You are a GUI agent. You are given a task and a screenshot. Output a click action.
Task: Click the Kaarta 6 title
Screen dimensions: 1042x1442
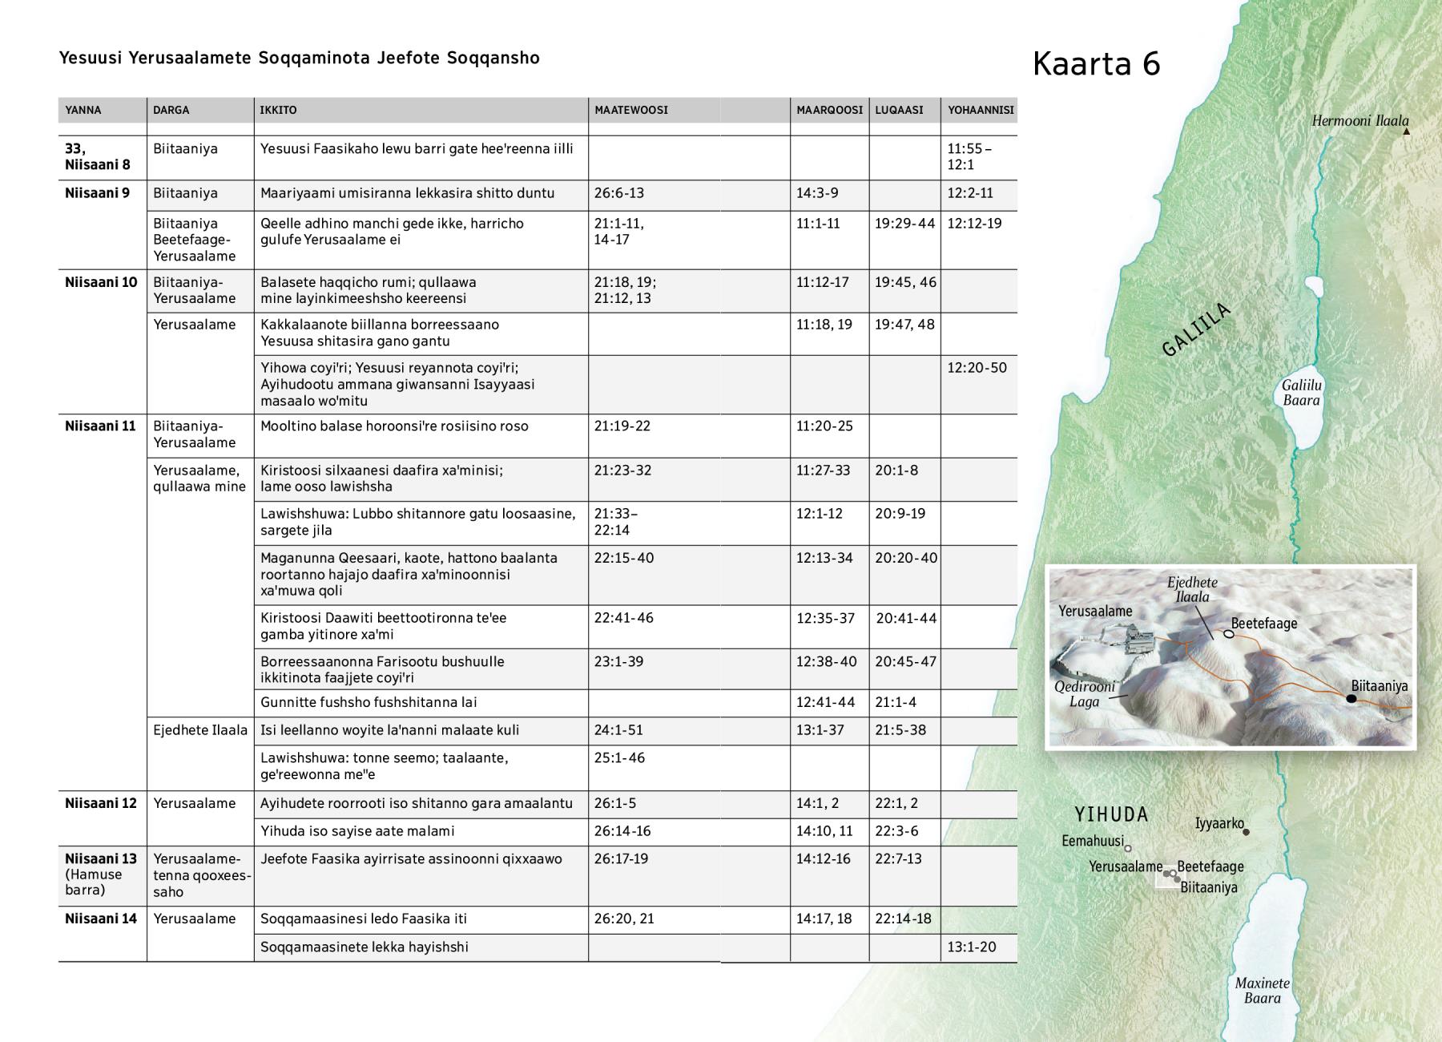(x=1096, y=64)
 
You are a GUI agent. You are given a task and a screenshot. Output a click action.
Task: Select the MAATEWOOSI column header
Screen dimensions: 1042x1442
(x=630, y=110)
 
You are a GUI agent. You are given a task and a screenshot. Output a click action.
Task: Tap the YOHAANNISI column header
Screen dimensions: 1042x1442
(x=981, y=110)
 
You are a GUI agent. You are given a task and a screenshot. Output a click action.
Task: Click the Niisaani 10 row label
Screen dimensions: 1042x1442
(x=101, y=282)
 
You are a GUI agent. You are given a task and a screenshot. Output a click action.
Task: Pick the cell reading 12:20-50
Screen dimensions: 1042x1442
(x=977, y=368)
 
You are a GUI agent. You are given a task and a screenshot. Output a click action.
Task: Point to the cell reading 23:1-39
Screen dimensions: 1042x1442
(x=618, y=661)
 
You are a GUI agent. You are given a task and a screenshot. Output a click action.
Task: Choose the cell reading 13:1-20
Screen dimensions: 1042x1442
(x=972, y=947)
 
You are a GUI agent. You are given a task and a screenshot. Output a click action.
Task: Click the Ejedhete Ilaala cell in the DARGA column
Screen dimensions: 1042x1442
(x=200, y=729)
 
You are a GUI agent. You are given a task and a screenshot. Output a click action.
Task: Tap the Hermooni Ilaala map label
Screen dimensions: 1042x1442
(x=1359, y=121)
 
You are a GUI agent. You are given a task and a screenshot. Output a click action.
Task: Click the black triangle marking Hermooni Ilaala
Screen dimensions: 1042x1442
(x=1406, y=131)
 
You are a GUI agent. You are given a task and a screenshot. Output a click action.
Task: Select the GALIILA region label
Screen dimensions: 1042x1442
(x=1195, y=329)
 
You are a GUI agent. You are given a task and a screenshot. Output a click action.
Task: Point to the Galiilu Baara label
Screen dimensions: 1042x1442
(x=1301, y=393)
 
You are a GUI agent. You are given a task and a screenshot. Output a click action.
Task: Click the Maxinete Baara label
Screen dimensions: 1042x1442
(x=1262, y=991)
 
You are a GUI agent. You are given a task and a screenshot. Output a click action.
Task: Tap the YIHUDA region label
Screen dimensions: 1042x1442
(x=1111, y=814)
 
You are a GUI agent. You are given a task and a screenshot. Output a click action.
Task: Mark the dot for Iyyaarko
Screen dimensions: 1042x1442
(x=1246, y=831)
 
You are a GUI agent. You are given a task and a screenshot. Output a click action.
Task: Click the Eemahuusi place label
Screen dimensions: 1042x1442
(x=1092, y=841)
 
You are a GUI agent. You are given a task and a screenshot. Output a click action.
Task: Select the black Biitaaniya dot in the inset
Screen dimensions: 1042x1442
(x=1351, y=699)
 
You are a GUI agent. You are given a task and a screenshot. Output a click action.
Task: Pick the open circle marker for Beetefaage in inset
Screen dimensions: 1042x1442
(x=1229, y=634)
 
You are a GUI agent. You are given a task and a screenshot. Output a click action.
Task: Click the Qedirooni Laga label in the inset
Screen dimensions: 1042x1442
(x=1084, y=694)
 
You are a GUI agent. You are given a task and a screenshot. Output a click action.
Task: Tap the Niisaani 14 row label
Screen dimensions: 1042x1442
(x=101, y=919)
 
